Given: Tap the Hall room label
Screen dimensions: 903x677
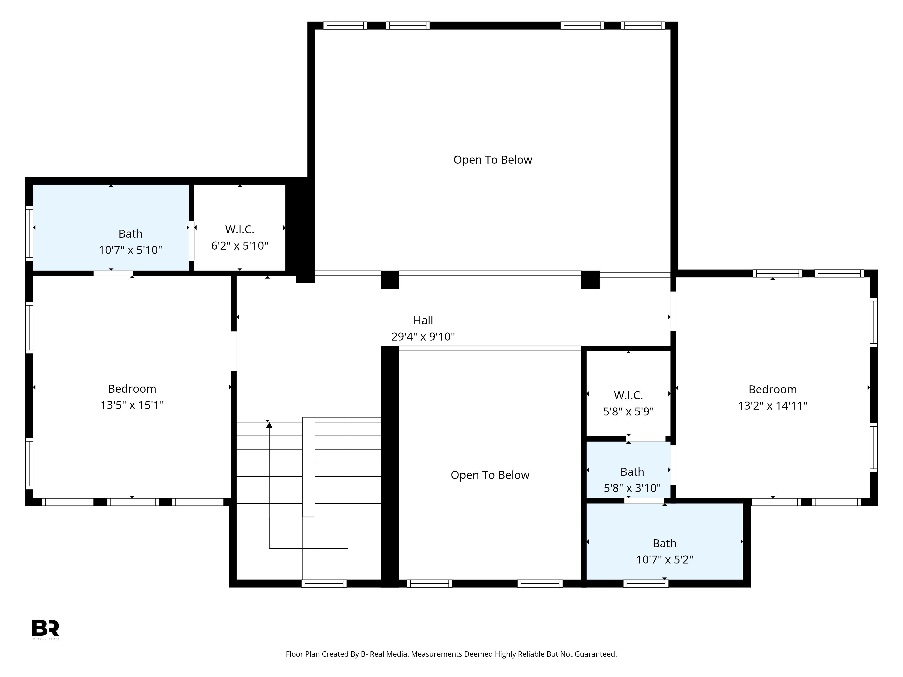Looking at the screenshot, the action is point(423,320).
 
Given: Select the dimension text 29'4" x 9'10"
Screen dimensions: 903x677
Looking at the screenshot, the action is point(423,337).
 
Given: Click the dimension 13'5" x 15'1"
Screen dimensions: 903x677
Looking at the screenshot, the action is point(132,405).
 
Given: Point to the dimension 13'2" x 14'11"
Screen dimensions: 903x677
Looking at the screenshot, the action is point(772,406).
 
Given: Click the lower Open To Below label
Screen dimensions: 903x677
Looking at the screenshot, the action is point(490,475).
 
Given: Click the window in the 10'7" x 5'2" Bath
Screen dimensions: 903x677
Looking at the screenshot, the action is point(646,584).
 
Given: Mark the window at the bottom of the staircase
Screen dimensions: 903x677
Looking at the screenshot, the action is point(324,584).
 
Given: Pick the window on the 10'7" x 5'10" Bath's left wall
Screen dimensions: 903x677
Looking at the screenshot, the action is point(29,233).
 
